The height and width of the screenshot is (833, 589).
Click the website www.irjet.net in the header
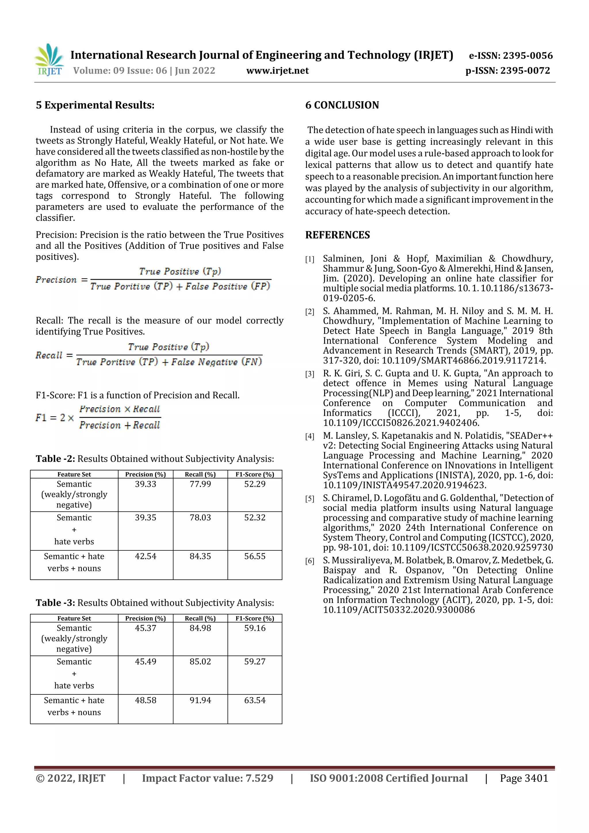[x=277, y=70]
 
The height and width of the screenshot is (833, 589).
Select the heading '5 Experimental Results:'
[x=95, y=105]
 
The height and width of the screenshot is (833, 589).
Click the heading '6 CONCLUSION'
[x=342, y=105]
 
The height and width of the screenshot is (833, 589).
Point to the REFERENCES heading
[x=338, y=235]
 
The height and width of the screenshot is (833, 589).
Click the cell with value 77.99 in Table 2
[x=200, y=484]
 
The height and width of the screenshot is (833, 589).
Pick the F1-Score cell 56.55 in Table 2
[x=255, y=556]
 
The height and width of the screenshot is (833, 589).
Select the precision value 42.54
[x=146, y=556]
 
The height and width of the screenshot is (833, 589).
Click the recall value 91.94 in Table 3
[x=200, y=700]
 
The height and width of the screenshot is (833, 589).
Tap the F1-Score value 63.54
[x=255, y=700]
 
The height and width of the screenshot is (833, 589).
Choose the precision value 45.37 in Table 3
[x=146, y=628]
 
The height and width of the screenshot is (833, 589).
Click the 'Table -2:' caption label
[x=55, y=459]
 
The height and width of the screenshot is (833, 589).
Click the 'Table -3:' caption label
[x=55, y=603]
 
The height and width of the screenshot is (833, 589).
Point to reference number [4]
[x=309, y=436]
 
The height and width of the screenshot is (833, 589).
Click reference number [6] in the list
[x=309, y=561]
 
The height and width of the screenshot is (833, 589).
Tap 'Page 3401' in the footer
[x=524, y=778]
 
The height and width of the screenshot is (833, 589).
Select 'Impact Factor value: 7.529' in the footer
[x=207, y=778]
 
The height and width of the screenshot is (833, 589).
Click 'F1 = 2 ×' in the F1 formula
[x=54, y=418]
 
